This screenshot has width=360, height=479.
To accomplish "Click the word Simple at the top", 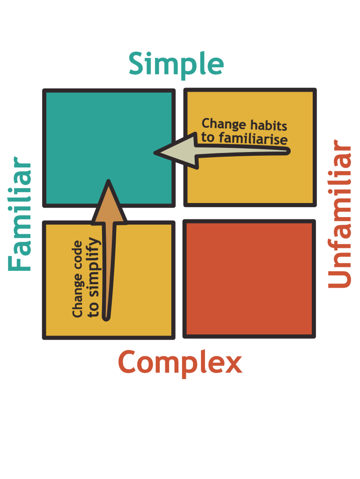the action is point(176,65).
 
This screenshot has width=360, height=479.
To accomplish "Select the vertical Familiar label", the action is point(20,214).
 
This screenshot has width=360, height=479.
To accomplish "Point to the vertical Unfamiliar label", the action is point(339,214).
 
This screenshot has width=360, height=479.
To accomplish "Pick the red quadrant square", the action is point(249,279).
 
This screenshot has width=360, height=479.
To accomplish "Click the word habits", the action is point(268,125).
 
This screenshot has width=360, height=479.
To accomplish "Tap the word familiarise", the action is point(253,139).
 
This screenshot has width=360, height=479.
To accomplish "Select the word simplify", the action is point(93,267).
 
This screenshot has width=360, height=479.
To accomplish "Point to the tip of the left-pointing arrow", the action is point(154,153).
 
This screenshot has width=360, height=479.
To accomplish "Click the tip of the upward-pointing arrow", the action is point(109,181).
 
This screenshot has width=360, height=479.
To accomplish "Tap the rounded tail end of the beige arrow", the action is point(287,151).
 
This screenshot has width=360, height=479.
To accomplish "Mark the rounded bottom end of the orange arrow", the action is point(106,318).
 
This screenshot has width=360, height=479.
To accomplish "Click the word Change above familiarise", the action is point(224,124).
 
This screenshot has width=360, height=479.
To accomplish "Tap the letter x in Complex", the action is point(233,364).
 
